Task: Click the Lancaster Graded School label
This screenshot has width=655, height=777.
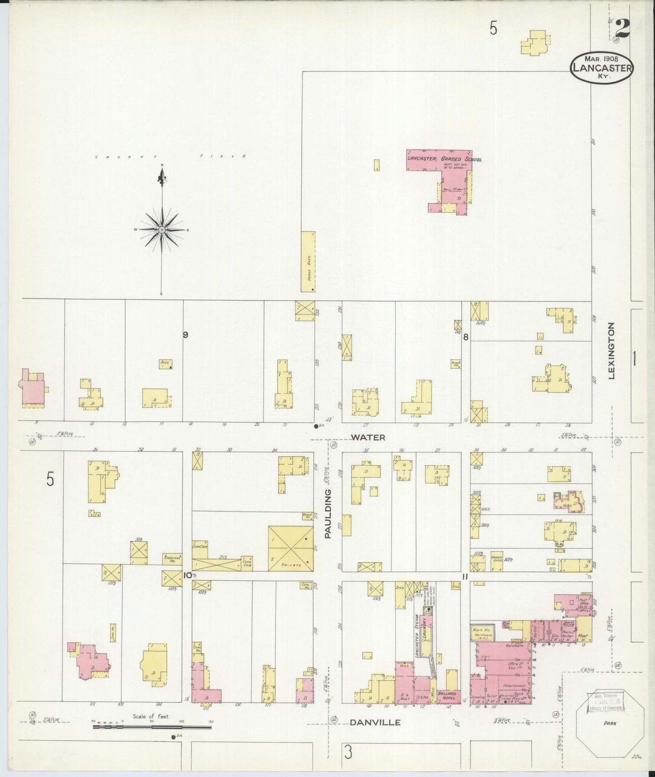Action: click(x=444, y=159)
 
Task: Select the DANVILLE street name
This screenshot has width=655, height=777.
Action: click(x=375, y=723)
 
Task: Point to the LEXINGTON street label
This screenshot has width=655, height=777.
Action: click(x=611, y=350)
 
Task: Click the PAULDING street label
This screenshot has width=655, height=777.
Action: click(x=328, y=513)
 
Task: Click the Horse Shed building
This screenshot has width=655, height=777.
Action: click(x=308, y=262)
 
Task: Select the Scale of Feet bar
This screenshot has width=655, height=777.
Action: click(x=152, y=727)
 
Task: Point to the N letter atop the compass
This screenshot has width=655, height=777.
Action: click(x=162, y=165)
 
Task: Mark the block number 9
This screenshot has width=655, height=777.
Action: click(x=185, y=335)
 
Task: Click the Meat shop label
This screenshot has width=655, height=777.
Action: click(x=583, y=636)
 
